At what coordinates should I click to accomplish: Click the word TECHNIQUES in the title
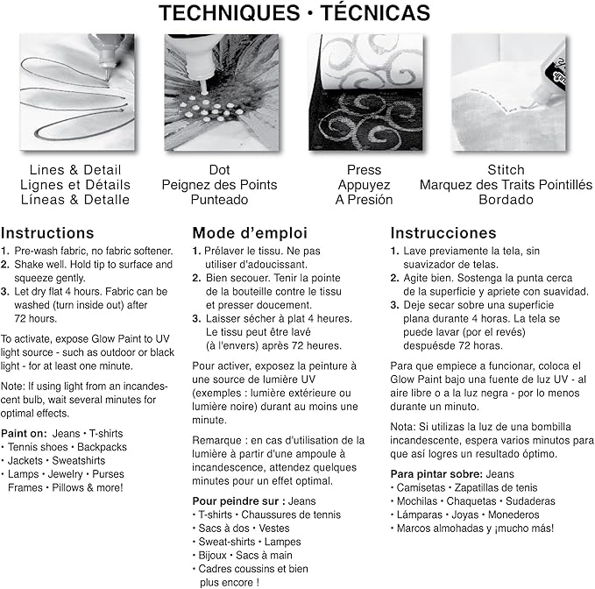230,13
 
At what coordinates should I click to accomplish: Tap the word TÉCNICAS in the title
375,12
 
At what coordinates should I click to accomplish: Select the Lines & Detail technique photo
77,92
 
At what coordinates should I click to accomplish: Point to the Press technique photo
365,92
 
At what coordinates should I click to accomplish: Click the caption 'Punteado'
219,200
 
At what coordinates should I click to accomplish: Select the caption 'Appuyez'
364,185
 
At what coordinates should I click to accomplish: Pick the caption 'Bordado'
506,200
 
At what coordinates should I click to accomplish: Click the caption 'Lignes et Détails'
75,185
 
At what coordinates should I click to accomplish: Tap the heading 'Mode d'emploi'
250,233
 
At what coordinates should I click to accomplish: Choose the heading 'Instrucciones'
443,233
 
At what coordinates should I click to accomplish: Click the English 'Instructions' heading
47,233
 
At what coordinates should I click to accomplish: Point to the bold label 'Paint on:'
24,433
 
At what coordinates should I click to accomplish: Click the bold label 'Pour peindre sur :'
238,501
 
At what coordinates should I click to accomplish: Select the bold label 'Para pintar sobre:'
436,474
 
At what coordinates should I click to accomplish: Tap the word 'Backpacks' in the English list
102,447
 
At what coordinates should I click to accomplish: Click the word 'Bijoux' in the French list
212,555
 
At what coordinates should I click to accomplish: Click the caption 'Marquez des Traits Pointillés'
506,185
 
